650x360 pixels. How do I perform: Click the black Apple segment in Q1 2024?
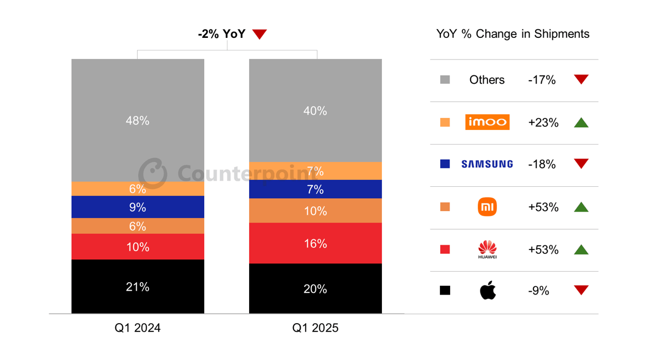138,286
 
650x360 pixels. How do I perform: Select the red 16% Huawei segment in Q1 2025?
315,243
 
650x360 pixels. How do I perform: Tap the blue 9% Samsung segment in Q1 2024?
138,207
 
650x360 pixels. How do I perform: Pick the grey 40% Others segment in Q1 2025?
315,110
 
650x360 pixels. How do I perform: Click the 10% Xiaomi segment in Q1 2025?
315,211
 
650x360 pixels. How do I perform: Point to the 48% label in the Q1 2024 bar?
138,121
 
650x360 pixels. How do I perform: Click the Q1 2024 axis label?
138,328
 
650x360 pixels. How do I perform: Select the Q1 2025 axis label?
315,328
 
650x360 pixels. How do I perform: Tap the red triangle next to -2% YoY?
259,35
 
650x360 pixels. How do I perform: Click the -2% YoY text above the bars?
222,34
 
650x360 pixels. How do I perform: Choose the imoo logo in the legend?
487,122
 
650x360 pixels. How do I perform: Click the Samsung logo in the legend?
487,164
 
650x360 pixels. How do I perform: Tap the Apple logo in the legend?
487,291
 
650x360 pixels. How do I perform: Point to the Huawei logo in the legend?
487,249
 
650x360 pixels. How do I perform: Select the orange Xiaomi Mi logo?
487,207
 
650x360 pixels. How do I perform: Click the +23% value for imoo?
543,122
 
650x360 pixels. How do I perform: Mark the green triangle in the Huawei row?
581,250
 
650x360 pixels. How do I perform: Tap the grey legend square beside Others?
445,80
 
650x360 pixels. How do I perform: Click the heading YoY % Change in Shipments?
512,34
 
